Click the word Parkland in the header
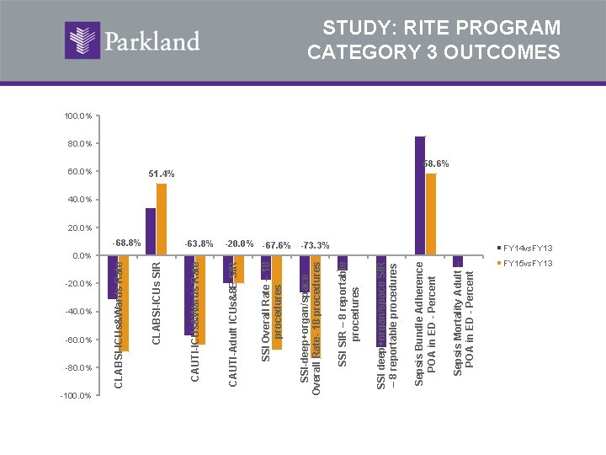coord(151,40)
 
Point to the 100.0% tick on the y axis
coord(77,115)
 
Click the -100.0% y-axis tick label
coord(76,395)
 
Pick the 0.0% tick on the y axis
coord(81,255)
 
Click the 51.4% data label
coord(162,174)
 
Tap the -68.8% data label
coord(125,244)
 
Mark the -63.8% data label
coord(199,244)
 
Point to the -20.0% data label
coord(239,244)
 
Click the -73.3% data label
coord(316,245)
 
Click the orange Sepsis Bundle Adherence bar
coord(431,214)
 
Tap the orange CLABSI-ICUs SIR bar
coord(162,219)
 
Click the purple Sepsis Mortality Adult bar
coord(458,261)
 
